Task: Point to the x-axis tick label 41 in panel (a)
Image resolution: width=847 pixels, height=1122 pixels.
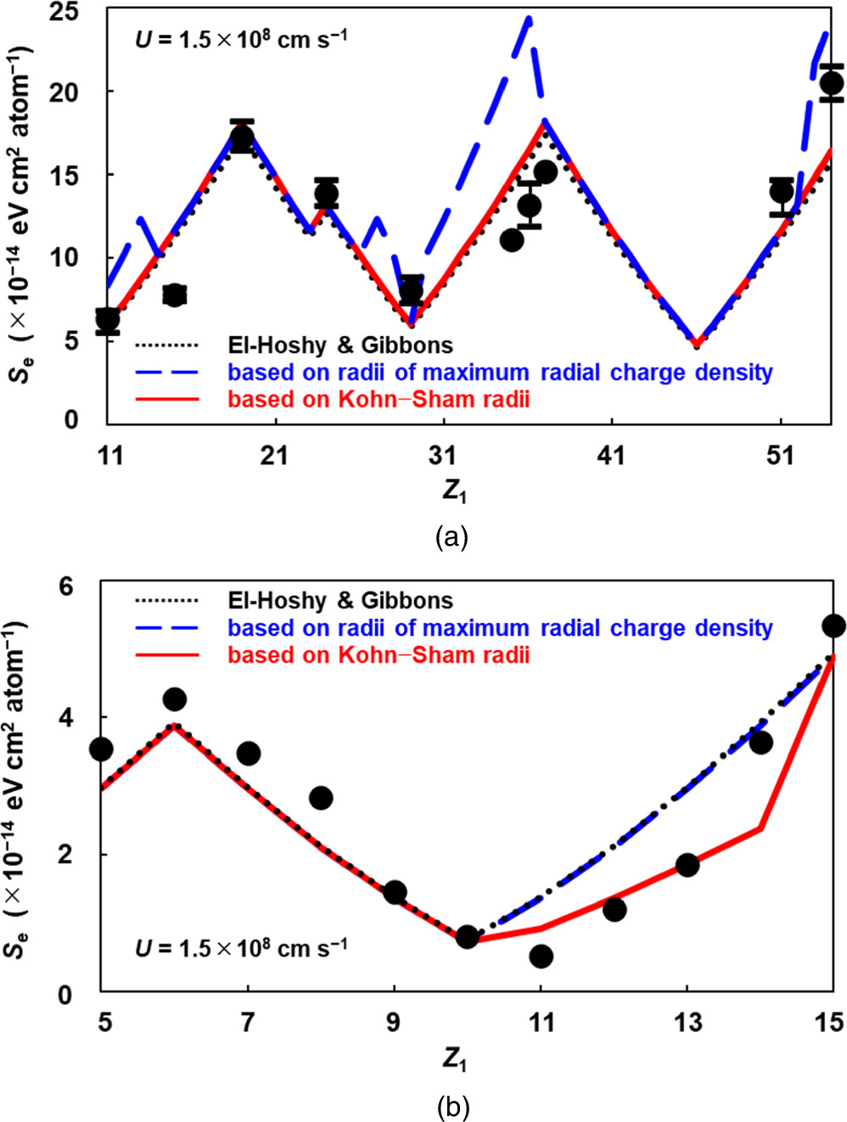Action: point(610,456)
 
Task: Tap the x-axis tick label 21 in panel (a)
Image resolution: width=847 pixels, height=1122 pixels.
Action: point(273,456)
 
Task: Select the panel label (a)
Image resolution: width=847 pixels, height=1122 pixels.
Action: point(451,536)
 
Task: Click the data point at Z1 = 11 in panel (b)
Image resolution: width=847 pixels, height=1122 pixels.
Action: point(541,957)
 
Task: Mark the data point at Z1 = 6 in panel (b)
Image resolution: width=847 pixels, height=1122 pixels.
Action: point(175,699)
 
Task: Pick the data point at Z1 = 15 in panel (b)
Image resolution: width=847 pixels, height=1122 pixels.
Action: point(833,626)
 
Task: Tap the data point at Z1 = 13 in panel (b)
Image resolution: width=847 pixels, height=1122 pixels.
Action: point(687,865)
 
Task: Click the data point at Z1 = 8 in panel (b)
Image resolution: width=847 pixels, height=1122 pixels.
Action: point(321,798)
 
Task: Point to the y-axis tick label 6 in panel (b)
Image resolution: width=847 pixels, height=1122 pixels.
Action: point(65,586)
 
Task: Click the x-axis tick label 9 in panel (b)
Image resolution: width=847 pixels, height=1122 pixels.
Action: point(393,1023)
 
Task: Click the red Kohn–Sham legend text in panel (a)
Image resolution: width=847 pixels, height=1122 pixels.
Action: point(379,399)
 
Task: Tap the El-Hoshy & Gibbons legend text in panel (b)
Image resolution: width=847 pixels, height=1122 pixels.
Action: point(340,601)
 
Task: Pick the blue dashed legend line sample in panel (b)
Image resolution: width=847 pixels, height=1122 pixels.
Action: point(166,628)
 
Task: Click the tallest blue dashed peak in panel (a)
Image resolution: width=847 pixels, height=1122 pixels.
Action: point(529,18)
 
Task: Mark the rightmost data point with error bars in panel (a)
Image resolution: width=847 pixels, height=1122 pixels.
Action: point(832,83)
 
